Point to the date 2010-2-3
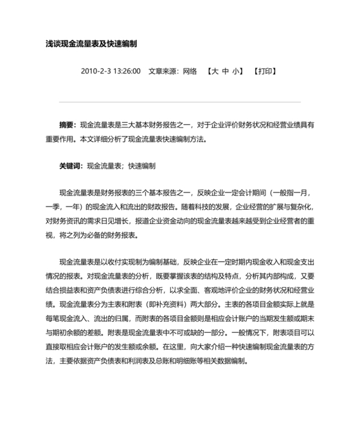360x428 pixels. (x=96, y=71)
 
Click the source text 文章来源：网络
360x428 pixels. (x=172, y=71)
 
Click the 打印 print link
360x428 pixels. (x=265, y=71)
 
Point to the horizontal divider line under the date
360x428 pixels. (x=179, y=102)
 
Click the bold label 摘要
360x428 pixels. (x=66, y=124)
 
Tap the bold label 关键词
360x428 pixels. (x=70, y=165)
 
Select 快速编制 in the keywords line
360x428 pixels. (x=141, y=165)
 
